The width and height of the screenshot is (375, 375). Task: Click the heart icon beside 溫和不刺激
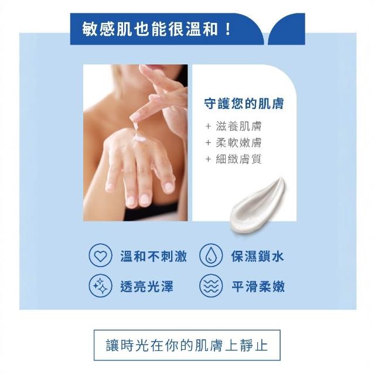100,255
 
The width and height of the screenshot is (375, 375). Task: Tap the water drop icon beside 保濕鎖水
211,255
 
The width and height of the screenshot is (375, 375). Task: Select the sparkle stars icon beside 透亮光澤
100,286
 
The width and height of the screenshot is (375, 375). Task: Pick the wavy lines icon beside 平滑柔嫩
211,286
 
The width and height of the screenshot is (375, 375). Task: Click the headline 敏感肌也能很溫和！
156,29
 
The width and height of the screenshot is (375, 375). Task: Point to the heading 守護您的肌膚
244,104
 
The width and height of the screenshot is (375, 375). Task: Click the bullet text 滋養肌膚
238,126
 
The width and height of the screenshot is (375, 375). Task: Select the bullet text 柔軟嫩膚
238,143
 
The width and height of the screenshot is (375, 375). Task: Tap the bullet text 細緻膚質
238,159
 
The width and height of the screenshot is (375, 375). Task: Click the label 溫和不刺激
154,256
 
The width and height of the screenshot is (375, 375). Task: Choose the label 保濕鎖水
257,256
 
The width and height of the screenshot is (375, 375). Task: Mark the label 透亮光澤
146,287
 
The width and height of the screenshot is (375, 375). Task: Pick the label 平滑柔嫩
258,287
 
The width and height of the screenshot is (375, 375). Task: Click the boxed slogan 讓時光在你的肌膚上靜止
187,345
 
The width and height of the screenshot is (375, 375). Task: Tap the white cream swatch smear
259,206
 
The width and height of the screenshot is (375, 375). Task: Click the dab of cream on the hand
140,139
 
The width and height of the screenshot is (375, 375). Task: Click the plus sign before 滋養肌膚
208,127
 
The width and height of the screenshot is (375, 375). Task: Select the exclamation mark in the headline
228,29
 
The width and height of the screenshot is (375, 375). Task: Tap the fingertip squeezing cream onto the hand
134,117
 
